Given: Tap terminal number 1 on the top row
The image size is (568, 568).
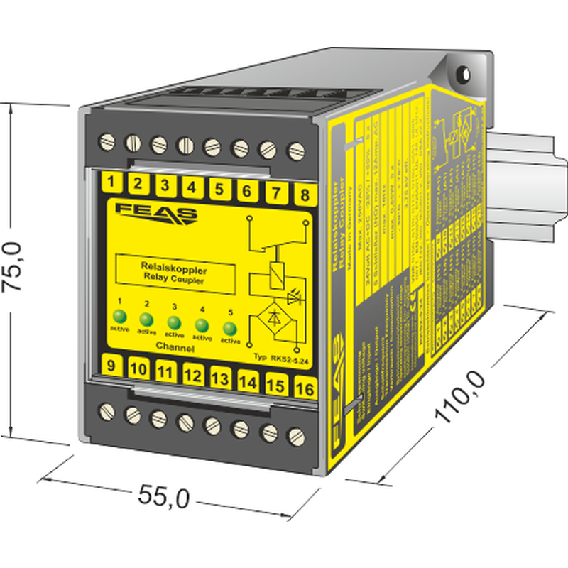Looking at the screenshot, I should tap(111, 182).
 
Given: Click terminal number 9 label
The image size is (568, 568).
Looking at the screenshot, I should tap(111, 366).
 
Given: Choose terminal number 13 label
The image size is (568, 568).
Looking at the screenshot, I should tap(220, 379).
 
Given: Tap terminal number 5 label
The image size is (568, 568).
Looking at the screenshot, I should tap(219, 189).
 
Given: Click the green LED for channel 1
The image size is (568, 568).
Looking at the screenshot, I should tap(121, 317).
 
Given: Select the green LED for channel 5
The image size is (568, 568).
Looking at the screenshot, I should tap(229, 328).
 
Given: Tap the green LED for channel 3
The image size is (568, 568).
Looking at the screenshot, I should tap(174, 322).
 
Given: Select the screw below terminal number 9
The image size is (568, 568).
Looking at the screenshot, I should tap(109, 410).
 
